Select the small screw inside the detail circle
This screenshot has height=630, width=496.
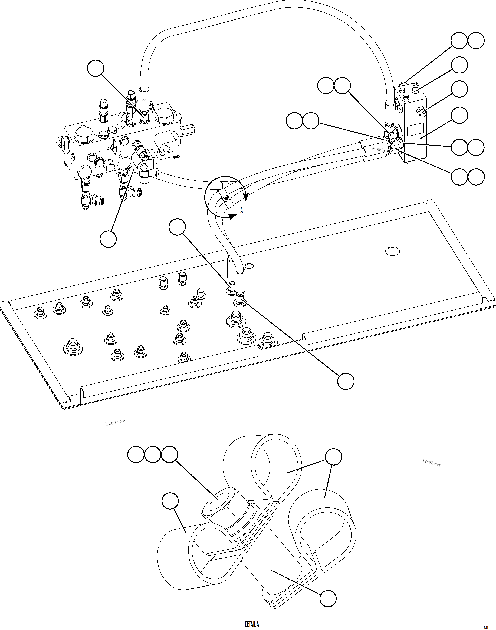(226, 199)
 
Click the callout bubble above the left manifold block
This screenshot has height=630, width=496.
(96, 68)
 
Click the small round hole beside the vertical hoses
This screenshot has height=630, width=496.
(249, 265)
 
